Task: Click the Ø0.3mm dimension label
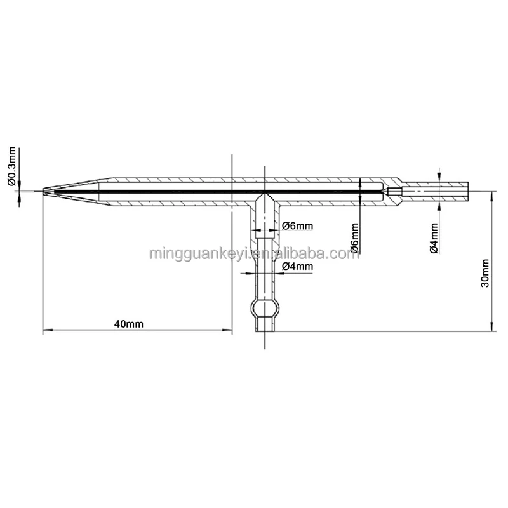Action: click(x=11, y=166)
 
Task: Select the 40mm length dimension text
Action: click(x=129, y=324)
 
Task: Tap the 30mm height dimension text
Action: click(x=485, y=273)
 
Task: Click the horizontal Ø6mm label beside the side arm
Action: click(x=297, y=226)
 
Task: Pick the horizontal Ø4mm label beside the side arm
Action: click(x=297, y=266)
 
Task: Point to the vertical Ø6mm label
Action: click(x=355, y=237)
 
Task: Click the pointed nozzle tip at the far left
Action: click(x=44, y=192)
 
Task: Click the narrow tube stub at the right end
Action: click(x=435, y=189)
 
